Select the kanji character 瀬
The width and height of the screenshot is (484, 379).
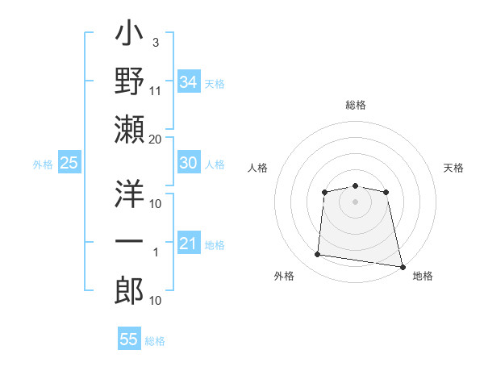[129, 130]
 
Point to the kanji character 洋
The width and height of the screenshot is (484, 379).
[129, 194]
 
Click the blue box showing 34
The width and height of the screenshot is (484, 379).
[188, 82]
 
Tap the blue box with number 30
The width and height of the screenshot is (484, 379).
[188, 163]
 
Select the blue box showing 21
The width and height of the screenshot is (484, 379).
[188, 244]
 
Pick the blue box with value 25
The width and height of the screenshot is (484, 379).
[69, 163]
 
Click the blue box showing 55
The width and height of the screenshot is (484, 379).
[129, 339]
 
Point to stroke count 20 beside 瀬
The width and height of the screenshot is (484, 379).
[156, 140]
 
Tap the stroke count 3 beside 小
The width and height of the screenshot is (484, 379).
[156, 42]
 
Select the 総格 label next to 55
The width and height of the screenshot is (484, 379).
[156, 341]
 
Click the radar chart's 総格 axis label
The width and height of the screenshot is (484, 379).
[355, 105]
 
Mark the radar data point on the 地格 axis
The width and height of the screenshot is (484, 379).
[402, 266]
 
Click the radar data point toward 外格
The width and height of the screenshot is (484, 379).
[317, 255]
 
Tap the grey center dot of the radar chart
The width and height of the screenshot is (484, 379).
[355, 201]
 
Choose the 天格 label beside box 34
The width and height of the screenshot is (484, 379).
[215, 84]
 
